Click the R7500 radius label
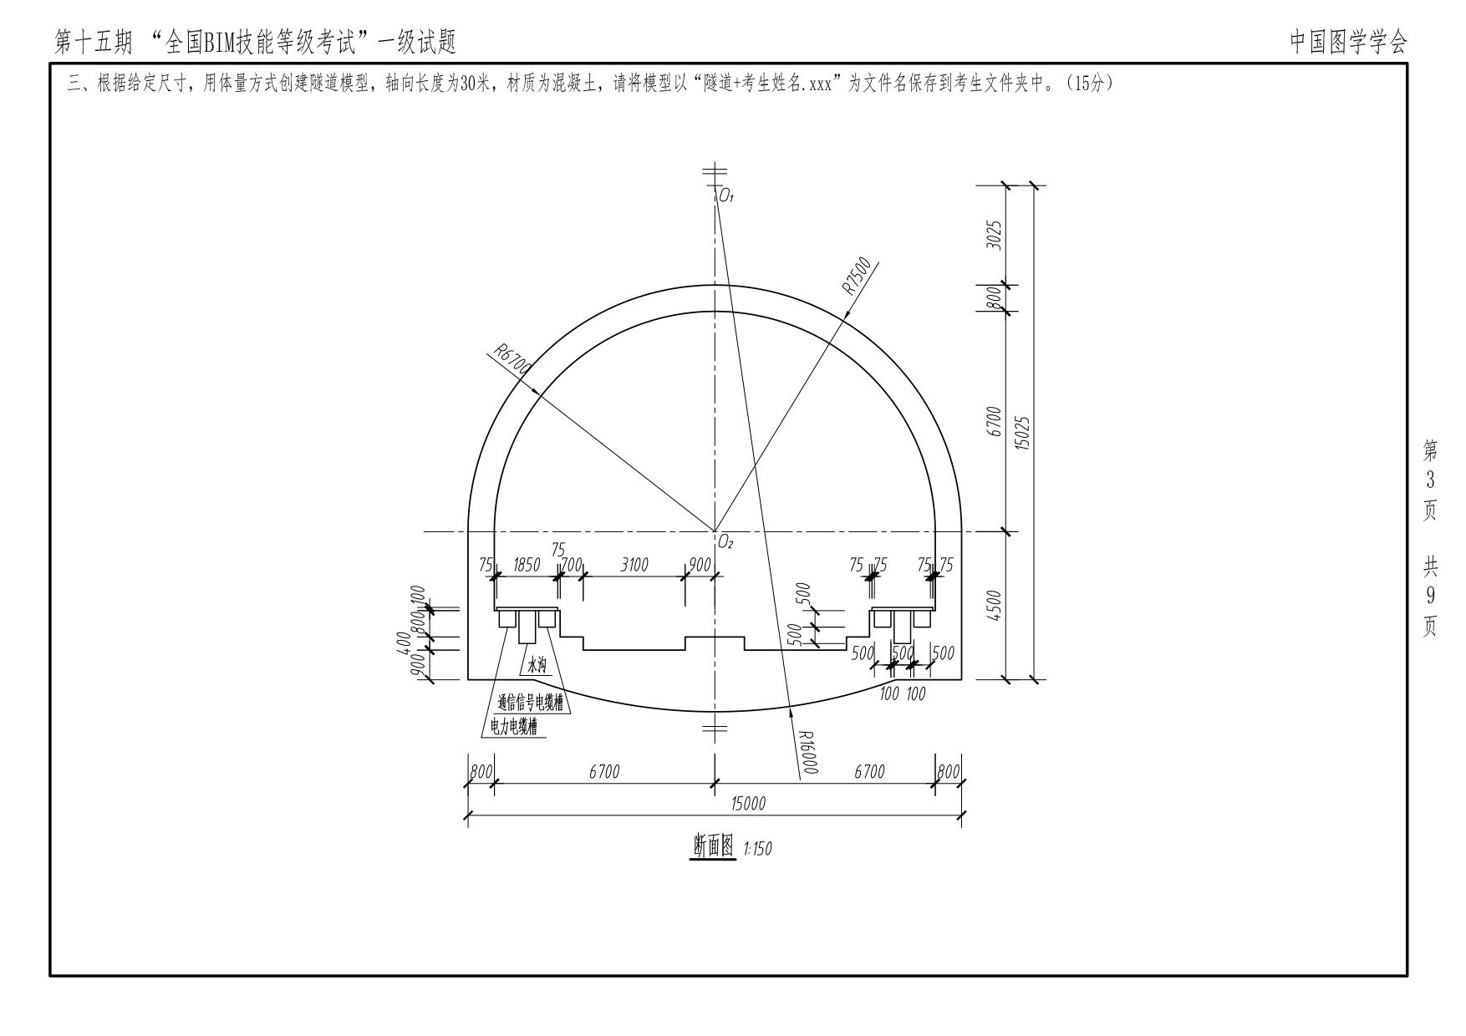click(857, 277)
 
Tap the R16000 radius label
click(807, 753)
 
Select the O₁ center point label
click(725, 197)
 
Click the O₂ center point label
click(725, 544)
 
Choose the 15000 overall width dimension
click(748, 804)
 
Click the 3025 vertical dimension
click(994, 235)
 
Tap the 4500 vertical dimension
click(994, 606)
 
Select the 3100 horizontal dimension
click(634, 566)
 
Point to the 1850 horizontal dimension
click(526, 566)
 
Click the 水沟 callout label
click(535, 665)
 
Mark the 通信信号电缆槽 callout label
click(530, 703)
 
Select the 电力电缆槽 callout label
click(513, 728)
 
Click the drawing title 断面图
click(713, 846)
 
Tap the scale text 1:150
click(758, 849)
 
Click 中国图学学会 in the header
click(1348, 41)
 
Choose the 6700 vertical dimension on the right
click(994, 422)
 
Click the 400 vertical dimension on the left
click(404, 642)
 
